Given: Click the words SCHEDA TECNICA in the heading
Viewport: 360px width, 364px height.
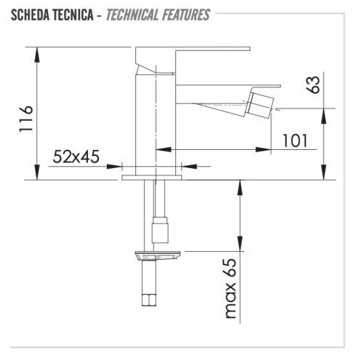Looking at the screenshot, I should (48, 15).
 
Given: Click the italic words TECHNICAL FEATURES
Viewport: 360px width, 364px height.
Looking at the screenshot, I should (158, 15).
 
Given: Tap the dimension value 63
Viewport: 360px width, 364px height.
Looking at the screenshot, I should (313, 85).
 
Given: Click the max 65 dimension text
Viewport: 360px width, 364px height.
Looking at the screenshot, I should (232, 291).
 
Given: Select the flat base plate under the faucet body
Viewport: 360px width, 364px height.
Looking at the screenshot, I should (153, 177).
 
